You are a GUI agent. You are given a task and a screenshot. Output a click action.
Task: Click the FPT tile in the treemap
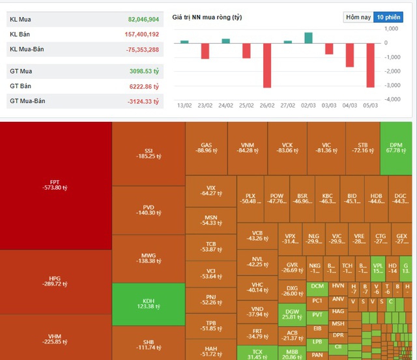pos(55,185)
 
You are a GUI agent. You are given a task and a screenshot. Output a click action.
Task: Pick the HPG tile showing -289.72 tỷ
pos(55,282)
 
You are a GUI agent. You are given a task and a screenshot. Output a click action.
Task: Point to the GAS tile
pos(207,148)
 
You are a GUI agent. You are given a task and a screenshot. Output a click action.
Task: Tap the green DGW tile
pos(291,314)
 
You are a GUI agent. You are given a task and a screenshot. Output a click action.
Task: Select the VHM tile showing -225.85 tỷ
pos(55,337)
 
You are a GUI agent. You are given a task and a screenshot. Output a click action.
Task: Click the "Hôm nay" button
pos(358,17)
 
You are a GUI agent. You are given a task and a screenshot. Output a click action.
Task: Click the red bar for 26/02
pos(267,65)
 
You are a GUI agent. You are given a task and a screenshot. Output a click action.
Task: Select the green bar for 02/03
pos(308,38)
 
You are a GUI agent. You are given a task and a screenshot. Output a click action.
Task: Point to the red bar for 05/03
pos(371,65)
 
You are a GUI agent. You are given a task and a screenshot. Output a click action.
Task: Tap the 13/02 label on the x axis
pos(184,104)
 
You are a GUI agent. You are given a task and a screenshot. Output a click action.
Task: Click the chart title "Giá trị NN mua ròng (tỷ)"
pos(207,17)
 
